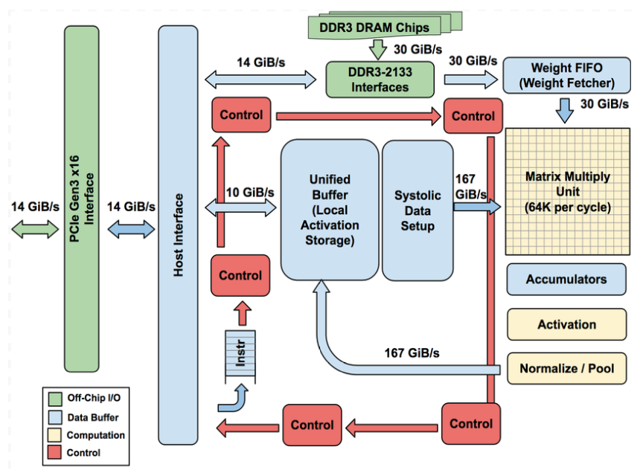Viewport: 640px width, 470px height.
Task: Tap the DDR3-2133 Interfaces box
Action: tap(380, 78)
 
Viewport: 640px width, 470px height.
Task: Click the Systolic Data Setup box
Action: tap(417, 210)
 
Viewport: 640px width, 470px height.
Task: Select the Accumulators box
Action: tap(566, 280)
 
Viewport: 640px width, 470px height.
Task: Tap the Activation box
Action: tap(566, 324)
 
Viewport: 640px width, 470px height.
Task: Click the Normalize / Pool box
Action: tap(566, 369)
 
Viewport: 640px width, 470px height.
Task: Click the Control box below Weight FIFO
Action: tap(473, 116)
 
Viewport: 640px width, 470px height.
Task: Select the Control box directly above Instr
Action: tap(240, 275)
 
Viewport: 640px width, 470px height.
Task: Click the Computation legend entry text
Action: tap(96, 435)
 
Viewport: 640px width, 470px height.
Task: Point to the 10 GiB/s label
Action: tap(251, 192)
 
